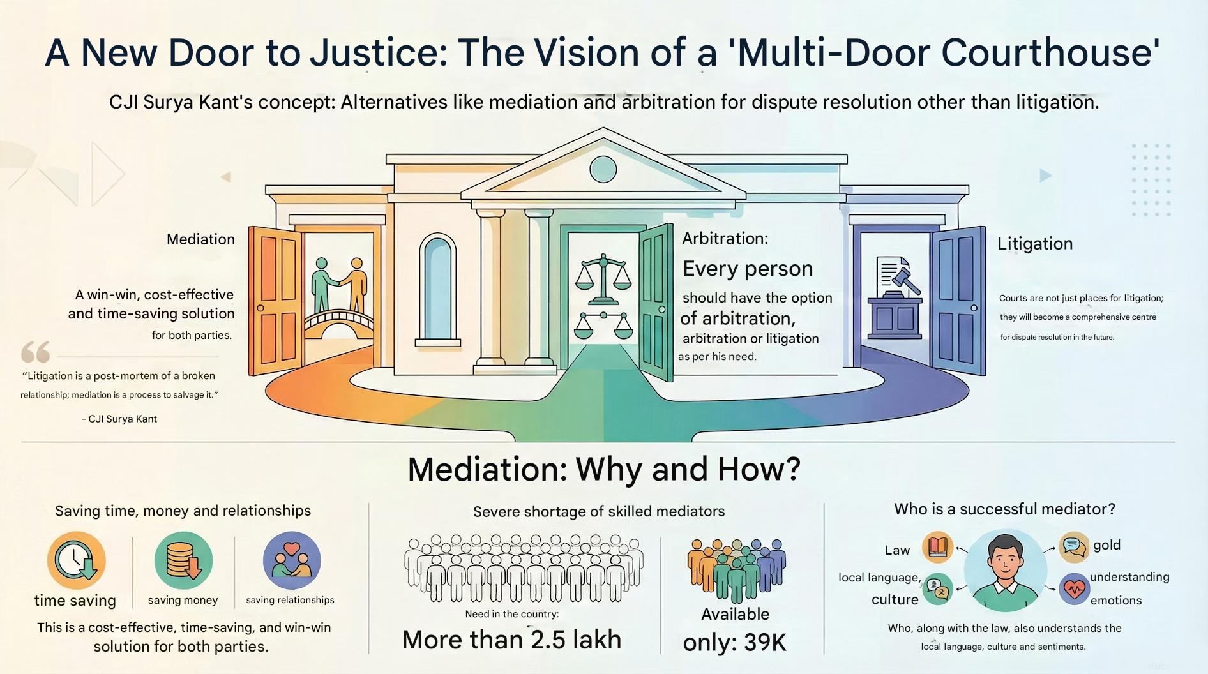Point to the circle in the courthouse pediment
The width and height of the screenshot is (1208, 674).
603,169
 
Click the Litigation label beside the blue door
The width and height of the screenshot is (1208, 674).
1035,244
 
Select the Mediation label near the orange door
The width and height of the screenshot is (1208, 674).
200,239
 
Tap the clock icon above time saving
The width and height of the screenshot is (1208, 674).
76,560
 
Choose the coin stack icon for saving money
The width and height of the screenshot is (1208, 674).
183,560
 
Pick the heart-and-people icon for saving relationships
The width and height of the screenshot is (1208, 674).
291,560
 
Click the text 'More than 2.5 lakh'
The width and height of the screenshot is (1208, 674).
511,640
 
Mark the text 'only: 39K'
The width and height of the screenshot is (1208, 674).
734,642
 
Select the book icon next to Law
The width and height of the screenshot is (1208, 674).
937,548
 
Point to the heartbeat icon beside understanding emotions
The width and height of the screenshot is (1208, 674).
1074,588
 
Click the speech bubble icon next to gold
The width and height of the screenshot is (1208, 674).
1074,547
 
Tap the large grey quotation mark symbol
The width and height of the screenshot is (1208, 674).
36,352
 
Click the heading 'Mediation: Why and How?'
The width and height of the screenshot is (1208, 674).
603,469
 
